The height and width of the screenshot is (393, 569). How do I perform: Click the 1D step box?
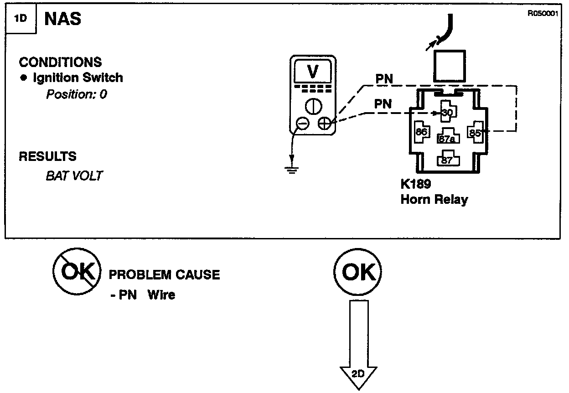[x=21, y=20]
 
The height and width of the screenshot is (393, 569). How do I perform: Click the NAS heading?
[x=63, y=19]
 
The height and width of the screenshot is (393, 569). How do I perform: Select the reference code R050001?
[x=543, y=14]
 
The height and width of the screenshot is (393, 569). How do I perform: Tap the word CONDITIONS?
[x=60, y=62]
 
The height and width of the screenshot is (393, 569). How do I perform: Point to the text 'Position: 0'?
[x=76, y=95]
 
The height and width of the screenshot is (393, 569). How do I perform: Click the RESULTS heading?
[x=47, y=157]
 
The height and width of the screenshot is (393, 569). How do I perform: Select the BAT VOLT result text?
[x=74, y=176]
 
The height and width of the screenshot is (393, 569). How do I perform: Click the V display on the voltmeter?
[x=313, y=72]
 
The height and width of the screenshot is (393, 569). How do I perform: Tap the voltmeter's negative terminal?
[x=302, y=123]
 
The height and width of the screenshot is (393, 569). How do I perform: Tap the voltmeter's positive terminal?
[x=324, y=123]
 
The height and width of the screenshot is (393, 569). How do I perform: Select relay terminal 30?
[x=447, y=112]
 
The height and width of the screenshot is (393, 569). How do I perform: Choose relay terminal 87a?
[x=447, y=138]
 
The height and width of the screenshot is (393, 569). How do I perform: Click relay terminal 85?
[x=476, y=133]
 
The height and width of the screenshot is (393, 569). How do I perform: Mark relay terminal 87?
[x=447, y=160]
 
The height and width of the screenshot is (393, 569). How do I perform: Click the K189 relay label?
[x=416, y=185]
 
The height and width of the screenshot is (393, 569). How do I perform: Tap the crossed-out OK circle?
[x=76, y=273]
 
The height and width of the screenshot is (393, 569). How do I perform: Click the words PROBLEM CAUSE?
[x=164, y=275]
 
